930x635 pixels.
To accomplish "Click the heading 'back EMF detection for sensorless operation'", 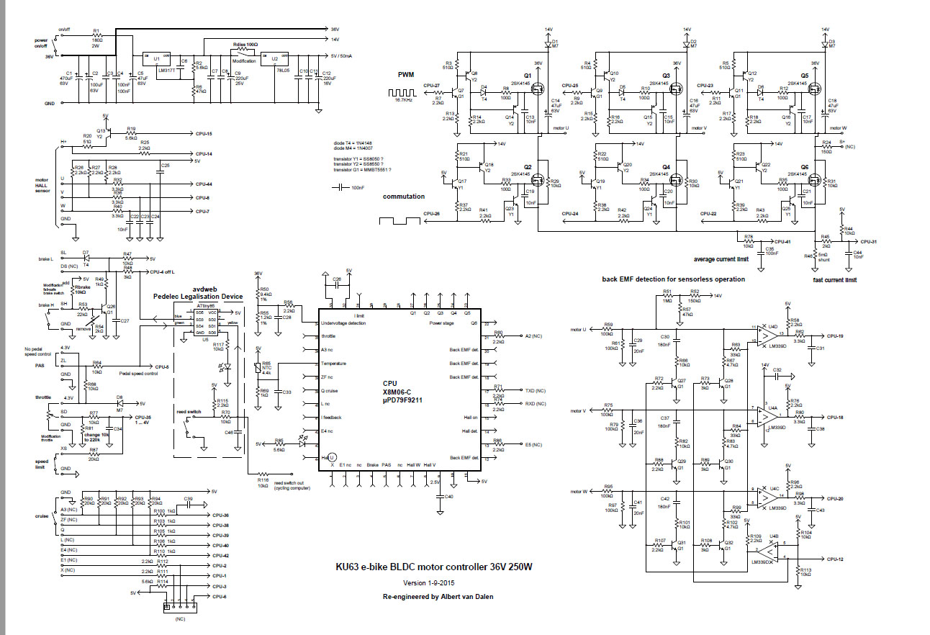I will point(673,279).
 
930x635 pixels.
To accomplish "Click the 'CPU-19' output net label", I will point(835,336).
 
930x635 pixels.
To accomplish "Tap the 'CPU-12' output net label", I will point(835,559).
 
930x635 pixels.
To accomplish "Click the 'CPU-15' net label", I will point(203,134).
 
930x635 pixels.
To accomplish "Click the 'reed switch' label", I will point(189,412).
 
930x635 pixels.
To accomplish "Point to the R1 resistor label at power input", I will point(96,32).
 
